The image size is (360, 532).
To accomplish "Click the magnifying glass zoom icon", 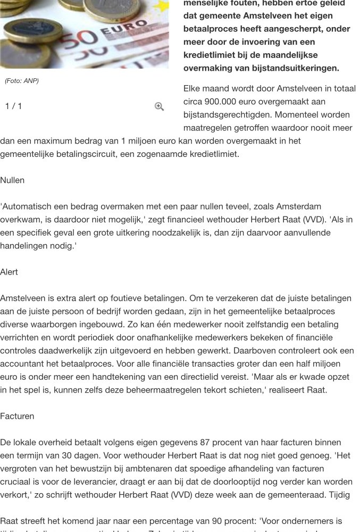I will click(159, 106).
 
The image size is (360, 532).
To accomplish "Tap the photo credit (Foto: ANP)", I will click(22, 81).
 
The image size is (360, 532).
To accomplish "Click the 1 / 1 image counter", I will click(14, 106).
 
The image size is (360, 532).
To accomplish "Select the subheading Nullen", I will click(12, 180).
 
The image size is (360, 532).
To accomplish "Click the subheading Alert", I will click(9, 272).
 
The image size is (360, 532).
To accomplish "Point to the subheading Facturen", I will click(17, 416).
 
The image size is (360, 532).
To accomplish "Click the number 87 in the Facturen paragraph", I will click(205, 443).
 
